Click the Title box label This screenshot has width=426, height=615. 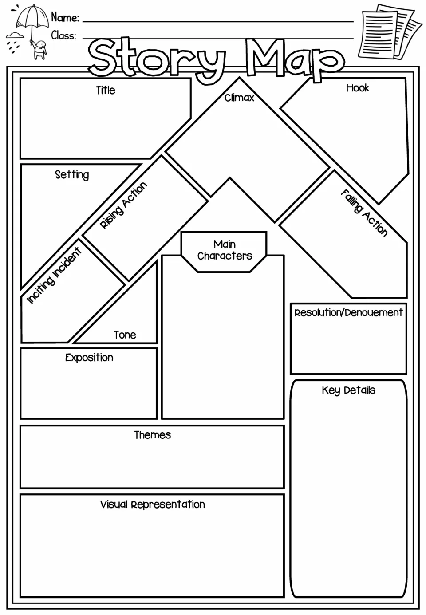click(106, 91)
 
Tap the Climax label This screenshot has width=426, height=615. click(239, 98)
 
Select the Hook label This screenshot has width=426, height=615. click(357, 88)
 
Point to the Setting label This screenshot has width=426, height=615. click(72, 175)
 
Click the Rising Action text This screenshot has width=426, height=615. click(123, 205)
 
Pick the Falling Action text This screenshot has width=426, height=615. click(364, 213)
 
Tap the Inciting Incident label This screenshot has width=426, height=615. click(54, 276)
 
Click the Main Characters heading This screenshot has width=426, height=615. click(225, 250)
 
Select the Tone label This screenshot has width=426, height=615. click(125, 335)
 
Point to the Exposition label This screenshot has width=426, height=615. click(89, 358)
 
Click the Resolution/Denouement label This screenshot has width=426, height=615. click(348, 312)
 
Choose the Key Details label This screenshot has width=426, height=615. click(348, 390)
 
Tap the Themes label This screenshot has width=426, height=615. click(152, 435)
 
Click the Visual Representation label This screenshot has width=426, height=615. click(152, 505)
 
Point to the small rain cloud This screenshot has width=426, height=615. click(15, 35)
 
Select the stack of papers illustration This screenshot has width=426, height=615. click(390, 32)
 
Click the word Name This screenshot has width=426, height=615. click(65, 18)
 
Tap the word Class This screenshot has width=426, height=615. click(63, 35)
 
